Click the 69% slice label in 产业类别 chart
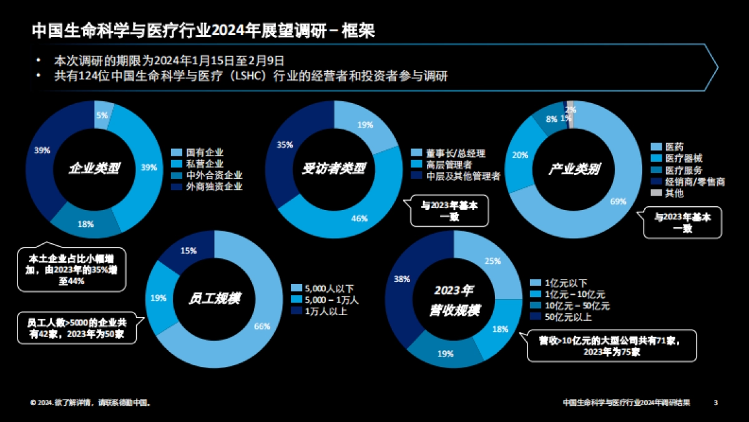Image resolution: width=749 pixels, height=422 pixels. tap(618, 201)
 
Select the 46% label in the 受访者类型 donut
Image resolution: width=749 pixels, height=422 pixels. tap(360, 218)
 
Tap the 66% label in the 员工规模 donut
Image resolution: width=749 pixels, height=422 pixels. tap(262, 326)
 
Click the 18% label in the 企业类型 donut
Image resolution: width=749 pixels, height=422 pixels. tap(86, 224)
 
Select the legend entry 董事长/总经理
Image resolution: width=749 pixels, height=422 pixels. tap(456, 153)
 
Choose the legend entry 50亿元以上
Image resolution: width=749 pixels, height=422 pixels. tap(567, 317)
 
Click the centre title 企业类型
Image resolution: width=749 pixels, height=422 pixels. tap(94, 169)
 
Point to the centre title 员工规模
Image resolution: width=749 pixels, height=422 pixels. tap(214, 298)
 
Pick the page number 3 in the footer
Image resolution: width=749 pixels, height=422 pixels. tap(716, 403)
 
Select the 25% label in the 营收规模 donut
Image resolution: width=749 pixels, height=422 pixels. tap(492, 261)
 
